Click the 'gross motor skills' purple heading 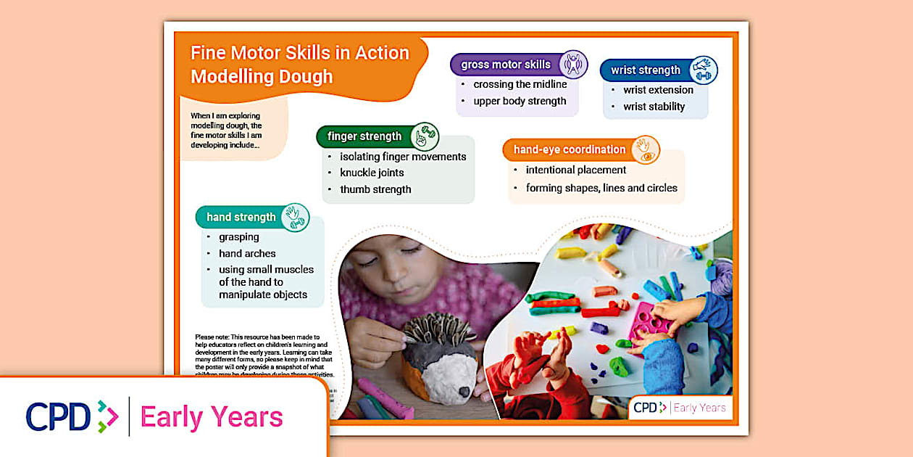pyautogui.click(x=506, y=65)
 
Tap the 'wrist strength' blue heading pyautogui.click(x=645, y=70)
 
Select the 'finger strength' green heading pyautogui.click(x=364, y=136)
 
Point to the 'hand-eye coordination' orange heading pyautogui.click(x=569, y=149)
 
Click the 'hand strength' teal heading pyautogui.click(x=241, y=217)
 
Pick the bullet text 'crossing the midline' pyautogui.click(x=520, y=84)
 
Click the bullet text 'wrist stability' pyautogui.click(x=654, y=107)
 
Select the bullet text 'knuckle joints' pyautogui.click(x=372, y=173)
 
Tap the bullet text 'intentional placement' pyautogui.click(x=576, y=170)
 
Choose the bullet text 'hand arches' pyautogui.click(x=247, y=253)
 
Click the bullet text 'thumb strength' pyautogui.click(x=375, y=189)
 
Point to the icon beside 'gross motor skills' pyautogui.click(x=573, y=64)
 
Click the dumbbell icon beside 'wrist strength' pyautogui.click(x=703, y=70)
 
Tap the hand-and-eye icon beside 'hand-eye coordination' pyautogui.click(x=644, y=149)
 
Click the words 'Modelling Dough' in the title pyautogui.click(x=262, y=76)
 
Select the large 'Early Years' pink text pyautogui.click(x=212, y=417)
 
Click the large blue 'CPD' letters pyautogui.click(x=58, y=416)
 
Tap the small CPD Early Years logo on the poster pyautogui.click(x=679, y=408)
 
